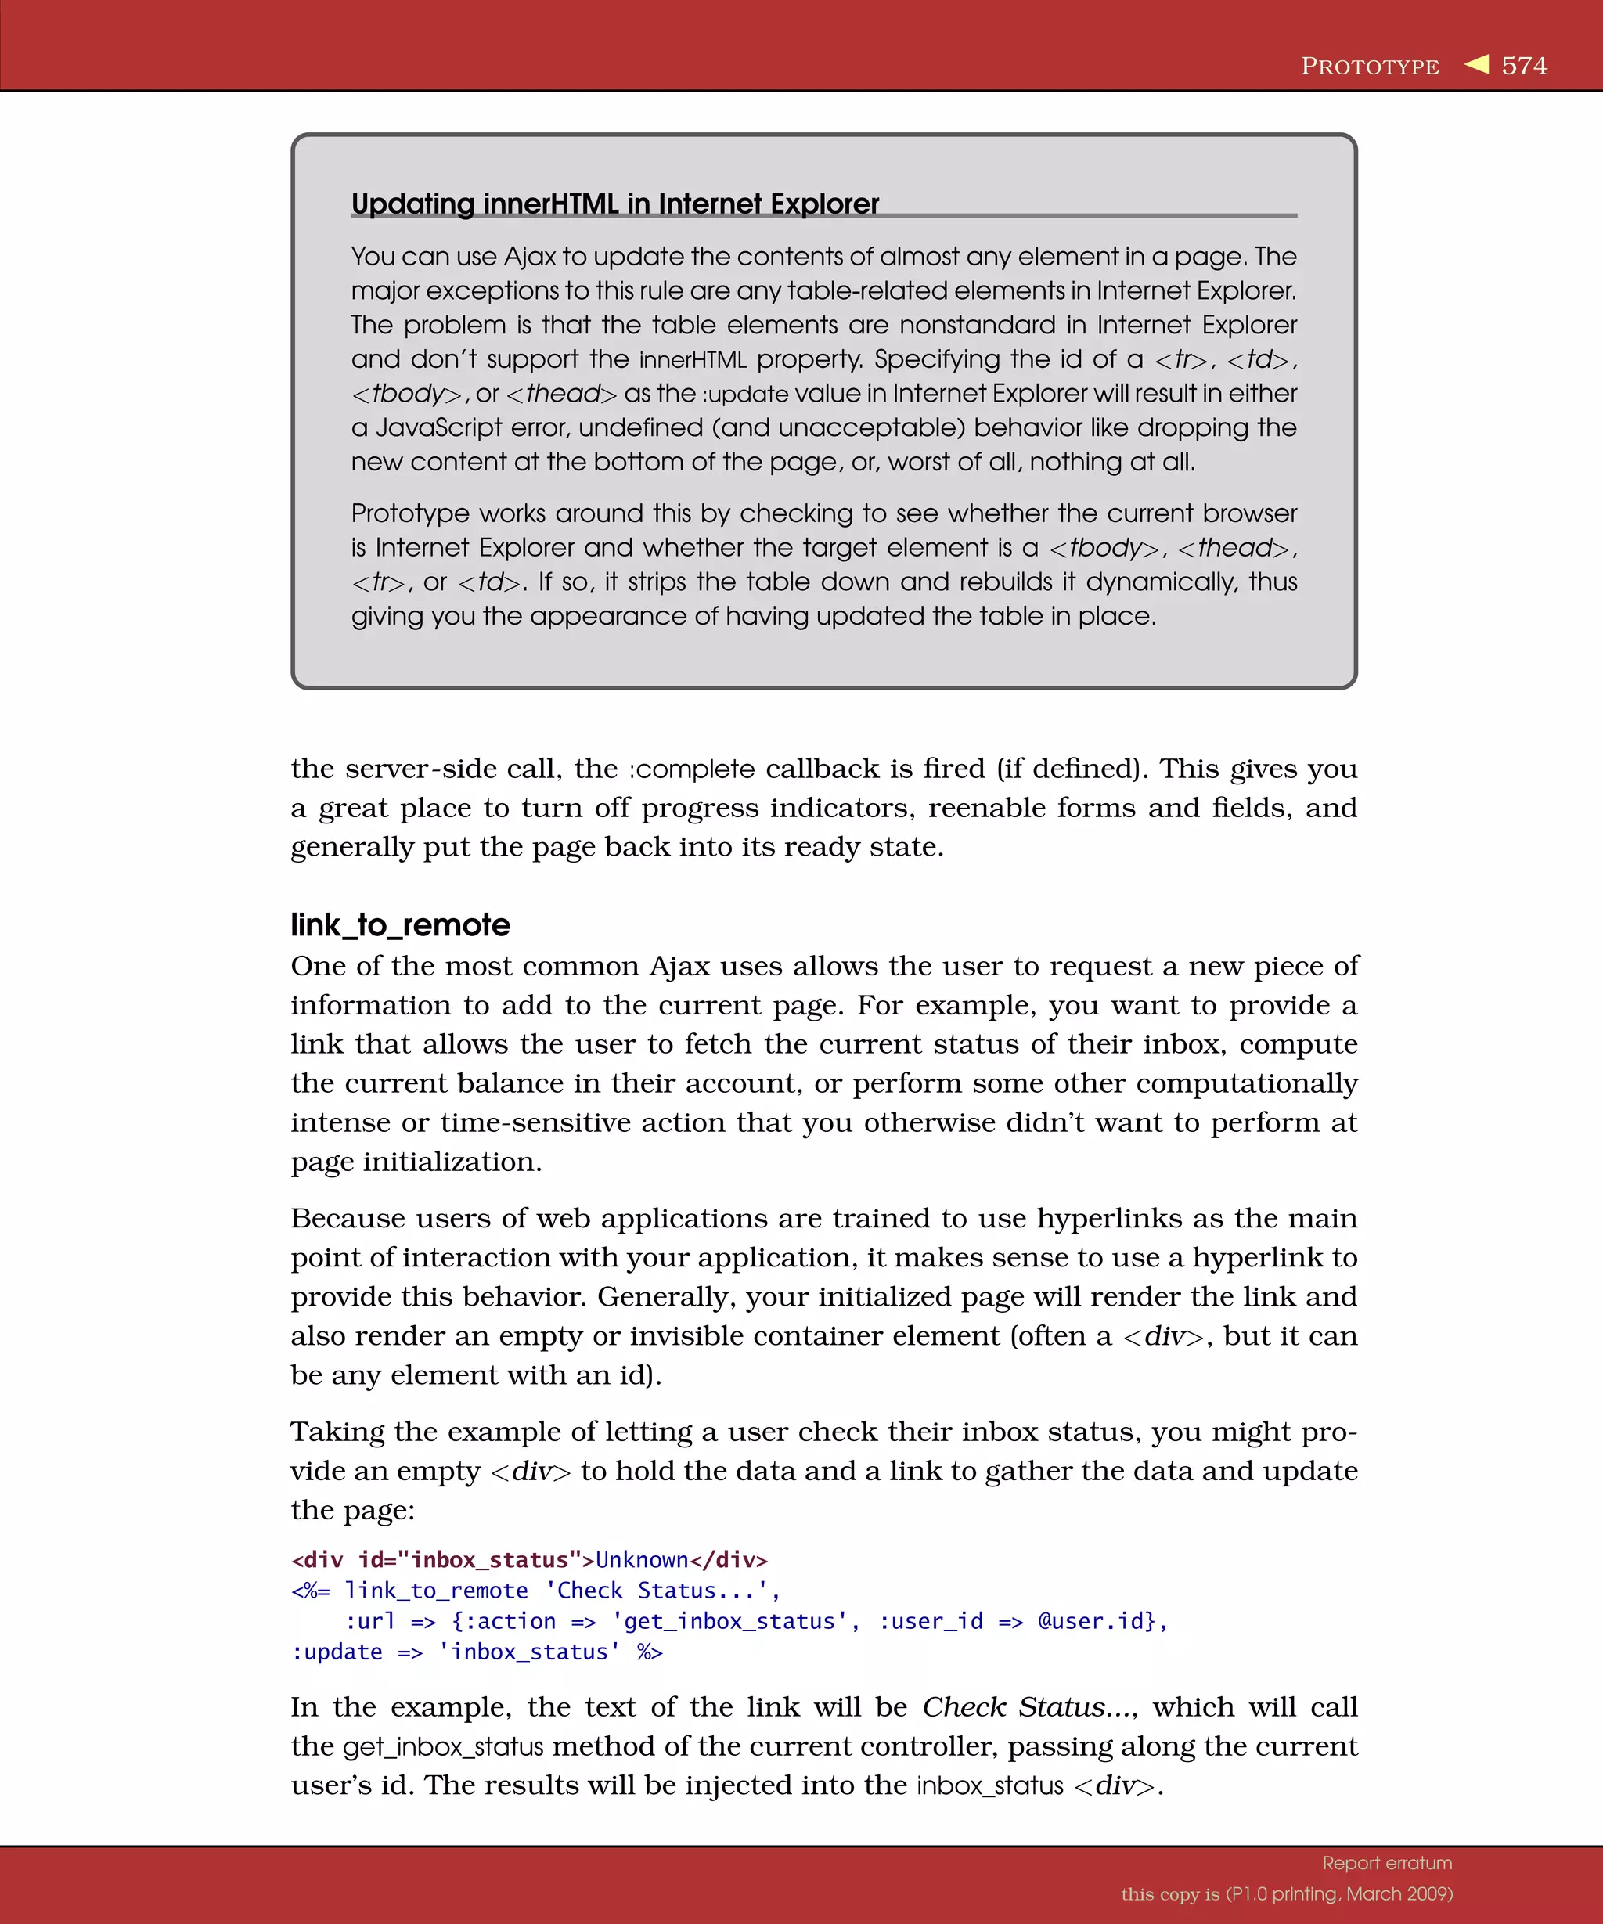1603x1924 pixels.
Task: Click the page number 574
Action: coord(1523,66)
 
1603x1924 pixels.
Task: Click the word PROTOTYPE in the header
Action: coord(1370,67)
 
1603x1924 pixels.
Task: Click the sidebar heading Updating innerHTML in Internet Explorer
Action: coord(614,203)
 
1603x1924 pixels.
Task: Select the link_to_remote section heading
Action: coord(400,924)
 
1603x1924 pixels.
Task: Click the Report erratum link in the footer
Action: coord(1387,1863)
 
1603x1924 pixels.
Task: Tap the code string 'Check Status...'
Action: coord(661,1591)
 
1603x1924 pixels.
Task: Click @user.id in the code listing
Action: coord(1097,1621)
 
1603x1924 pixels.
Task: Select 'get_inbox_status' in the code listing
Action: coord(730,1621)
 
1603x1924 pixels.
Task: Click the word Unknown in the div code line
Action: coord(641,1559)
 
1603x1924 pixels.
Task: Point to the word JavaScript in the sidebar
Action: coord(439,428)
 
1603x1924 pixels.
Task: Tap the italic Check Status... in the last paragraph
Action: coord(1026,1707)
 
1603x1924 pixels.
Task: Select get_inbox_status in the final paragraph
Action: coord(443,1747)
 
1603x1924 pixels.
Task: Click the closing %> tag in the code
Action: coord(650,1652)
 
